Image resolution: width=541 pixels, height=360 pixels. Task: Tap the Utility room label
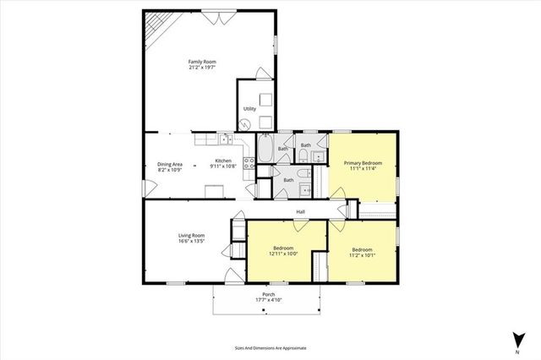point(249,109)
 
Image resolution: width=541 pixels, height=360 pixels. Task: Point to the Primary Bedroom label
point(363,163)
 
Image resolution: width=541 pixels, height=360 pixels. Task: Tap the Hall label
point(300,211)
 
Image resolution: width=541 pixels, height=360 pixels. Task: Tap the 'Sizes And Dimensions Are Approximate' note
point(270,347)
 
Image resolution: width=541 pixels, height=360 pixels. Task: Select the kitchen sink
point(226,139)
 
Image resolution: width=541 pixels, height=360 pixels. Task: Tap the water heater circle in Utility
point(244,124)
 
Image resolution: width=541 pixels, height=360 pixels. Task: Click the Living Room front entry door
point(234,276)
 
